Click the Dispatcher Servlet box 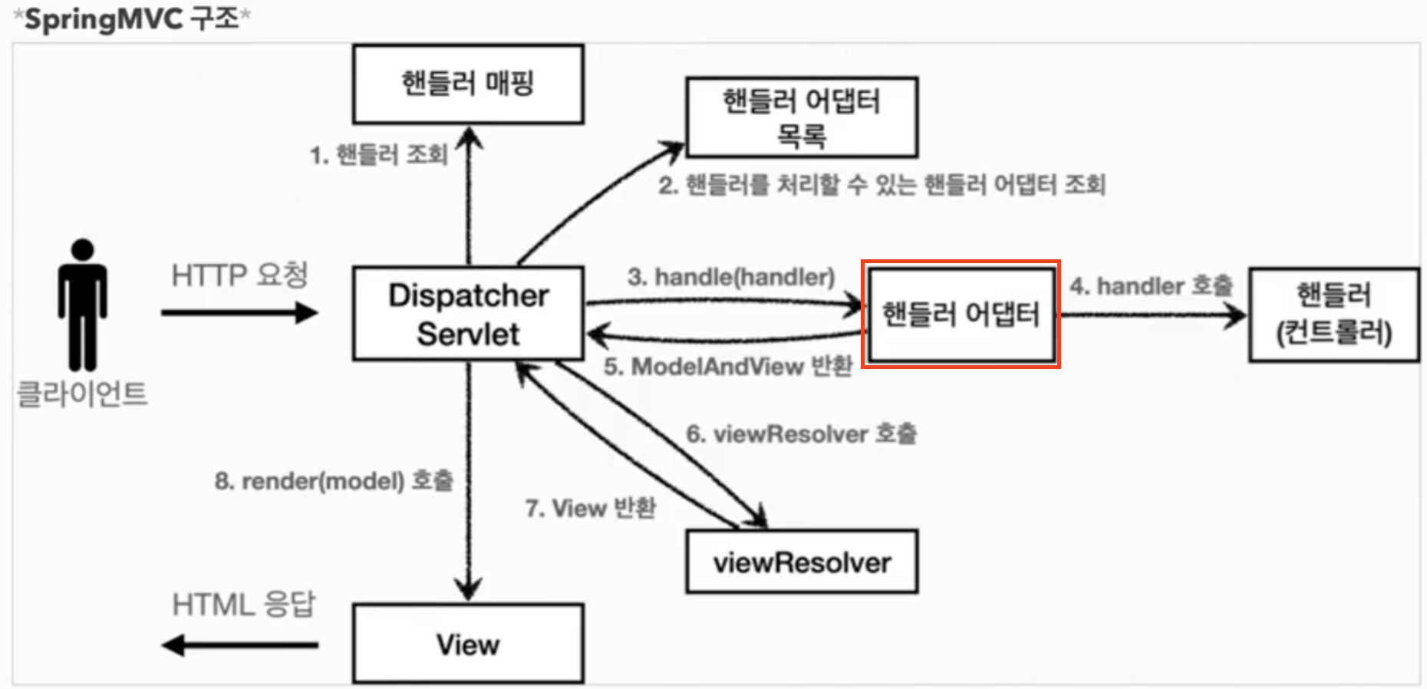click(468, 313)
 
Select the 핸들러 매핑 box click(468, 84)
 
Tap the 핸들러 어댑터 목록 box click(802, 117)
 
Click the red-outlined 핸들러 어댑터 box click(961, 314)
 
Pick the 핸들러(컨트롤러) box click(1333, 314)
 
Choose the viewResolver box click(802, 562)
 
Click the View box click(468, 644)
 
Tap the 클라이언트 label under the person click(82, 394)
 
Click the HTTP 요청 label click(239, 275)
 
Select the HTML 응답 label click(243, 605)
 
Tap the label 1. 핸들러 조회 click(379, 155)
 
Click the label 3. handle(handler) click(730, 277)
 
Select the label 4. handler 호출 click(1151, 286)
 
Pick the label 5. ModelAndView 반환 click(727, 367)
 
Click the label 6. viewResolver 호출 click(801, 434)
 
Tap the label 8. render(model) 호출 click(334, 481)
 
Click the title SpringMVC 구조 click(132, 19)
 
